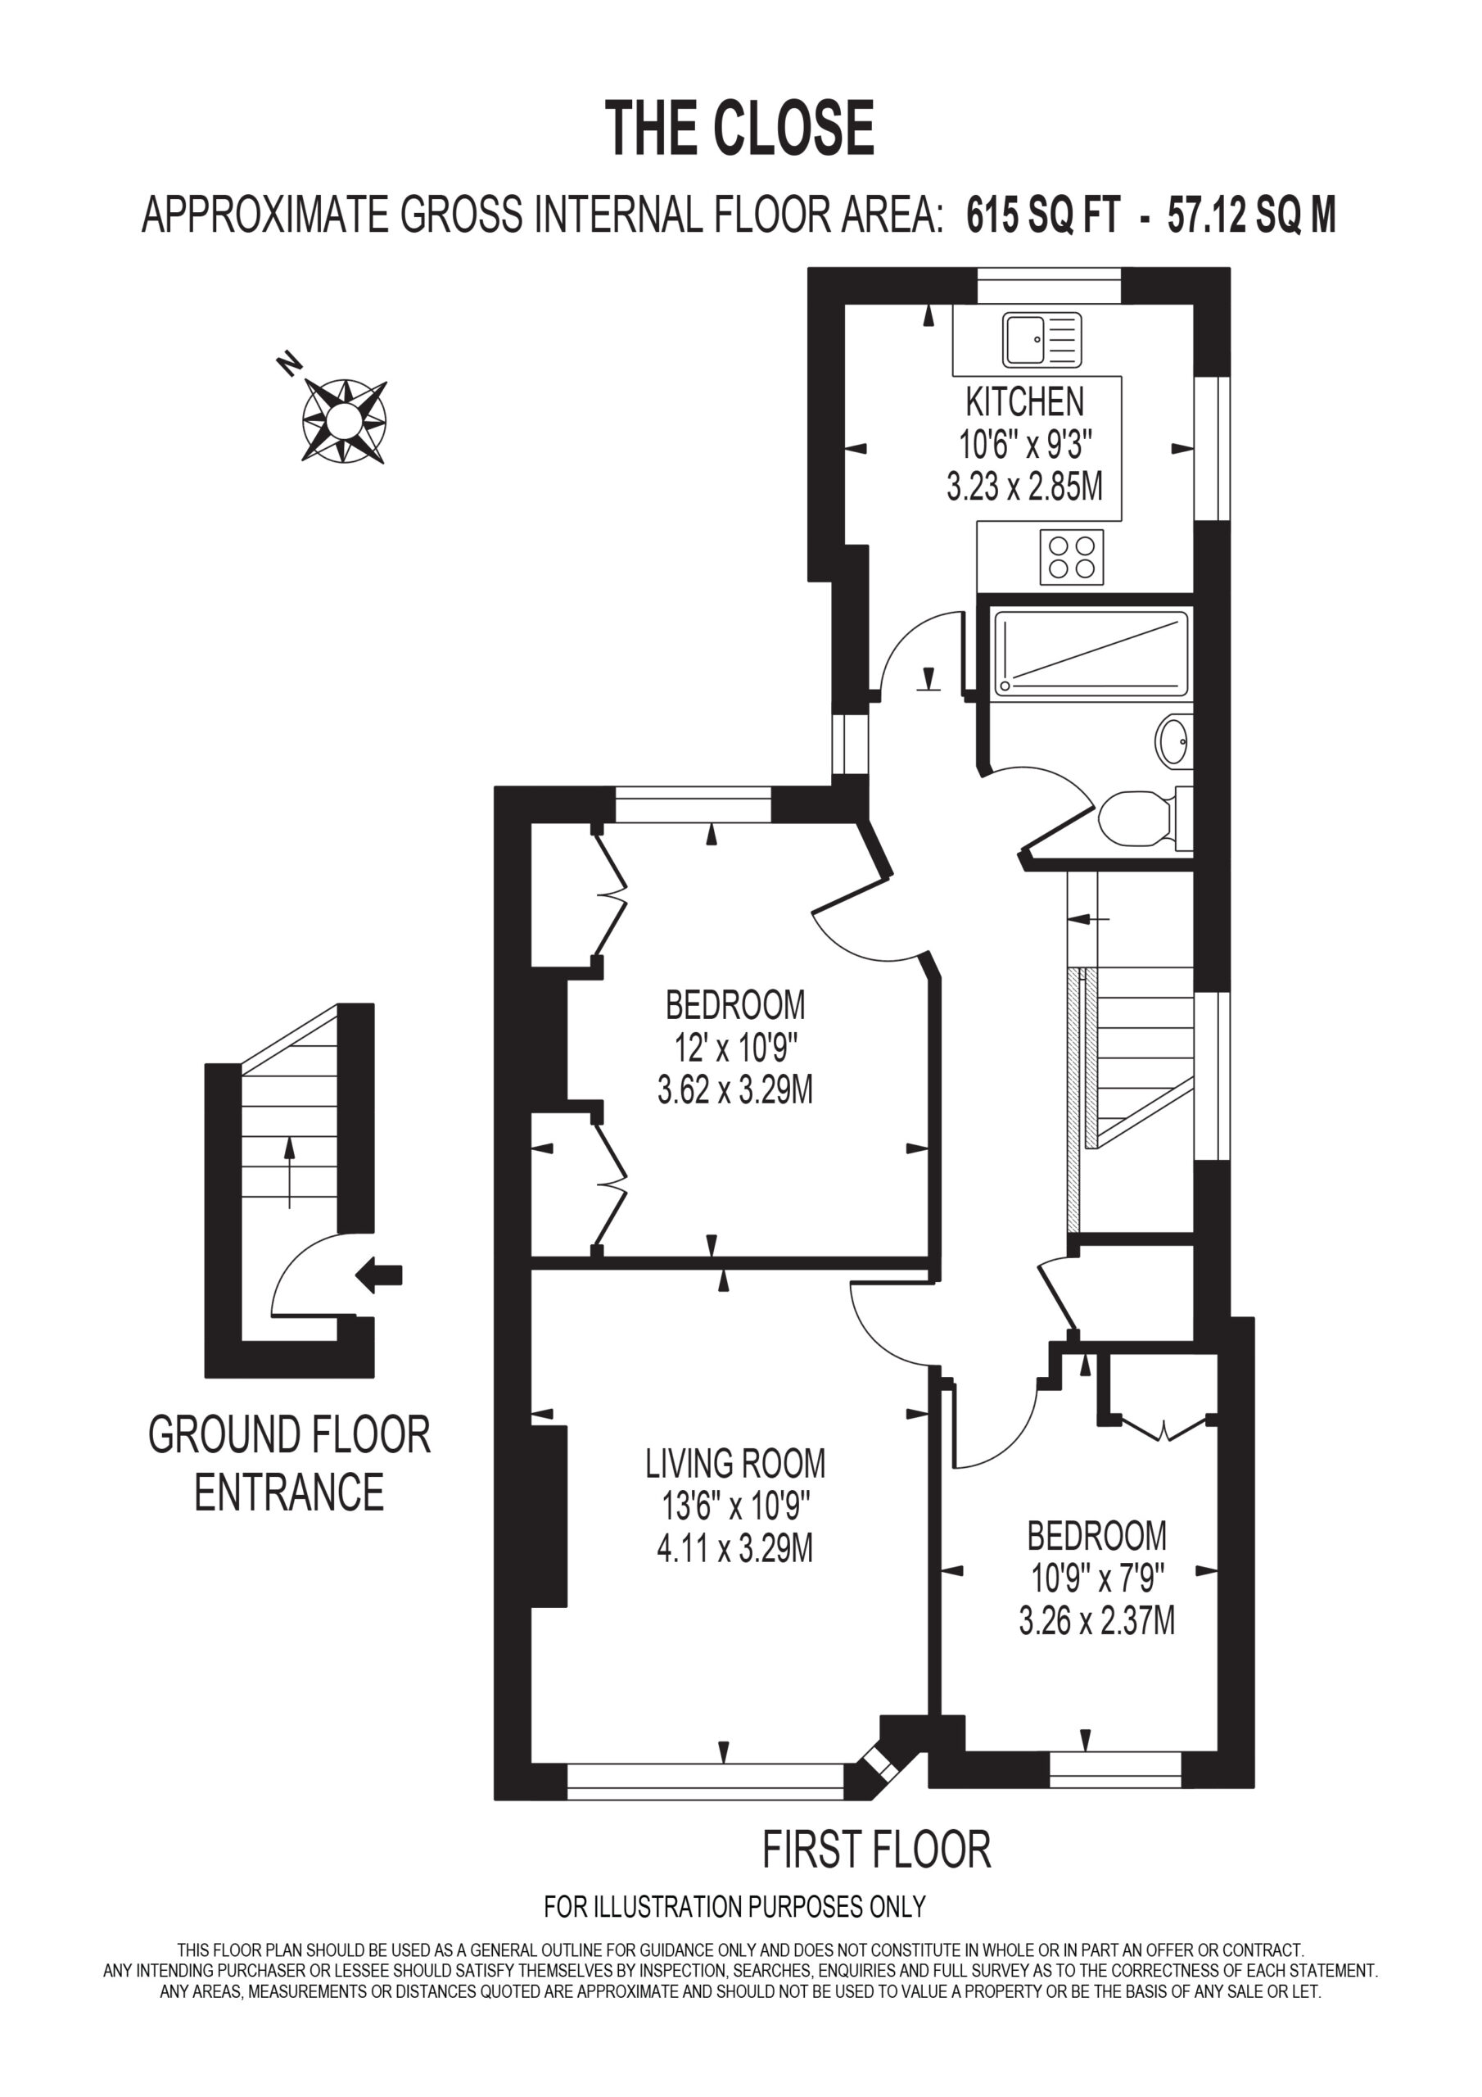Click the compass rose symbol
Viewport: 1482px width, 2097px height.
[344, 420]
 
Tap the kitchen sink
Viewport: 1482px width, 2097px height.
[1041, 340]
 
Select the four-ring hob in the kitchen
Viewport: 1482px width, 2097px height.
[1072, 557]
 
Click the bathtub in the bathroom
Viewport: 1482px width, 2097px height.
[1091, 654]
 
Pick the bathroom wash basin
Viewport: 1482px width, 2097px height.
[1174, 741]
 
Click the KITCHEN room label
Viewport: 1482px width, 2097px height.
[1024, 402]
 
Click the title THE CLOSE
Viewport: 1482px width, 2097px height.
[739, 127]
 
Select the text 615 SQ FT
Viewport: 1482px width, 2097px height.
[1043, 216]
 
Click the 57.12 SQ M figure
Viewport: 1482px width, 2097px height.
[1252, 216]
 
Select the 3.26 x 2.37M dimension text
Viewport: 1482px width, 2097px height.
[1096, 1621]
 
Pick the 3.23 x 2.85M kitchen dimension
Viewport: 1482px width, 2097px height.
[1024, 487]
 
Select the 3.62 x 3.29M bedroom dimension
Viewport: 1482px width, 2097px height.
[735, 1089]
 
